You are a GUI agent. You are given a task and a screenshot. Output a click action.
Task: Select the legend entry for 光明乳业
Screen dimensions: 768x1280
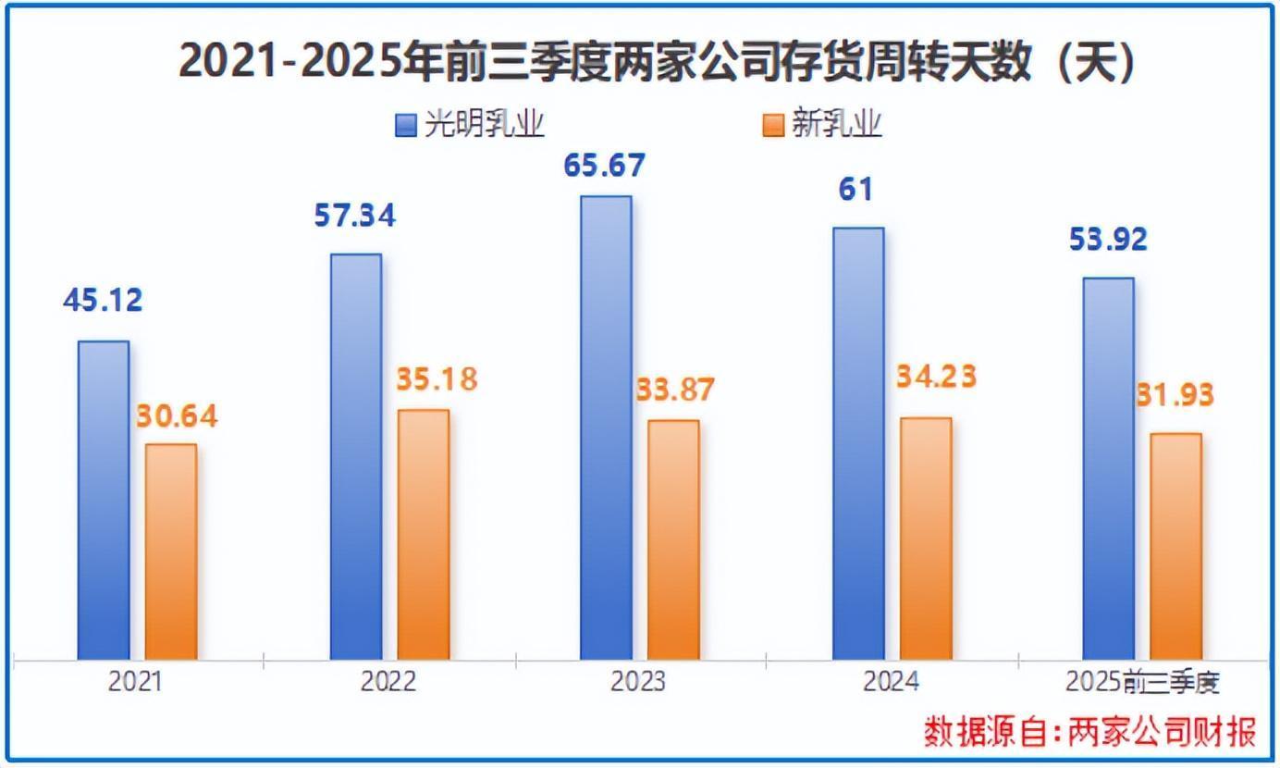point(470,124)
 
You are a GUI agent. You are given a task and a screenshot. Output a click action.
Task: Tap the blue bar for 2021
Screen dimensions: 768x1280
point(104,500)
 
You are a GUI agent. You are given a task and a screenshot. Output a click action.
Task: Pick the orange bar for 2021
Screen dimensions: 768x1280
point(171,551)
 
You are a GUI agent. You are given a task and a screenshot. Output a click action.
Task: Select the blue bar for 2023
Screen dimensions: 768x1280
point(606,427)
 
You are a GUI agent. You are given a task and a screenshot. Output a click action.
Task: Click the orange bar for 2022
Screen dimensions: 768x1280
point(424,534)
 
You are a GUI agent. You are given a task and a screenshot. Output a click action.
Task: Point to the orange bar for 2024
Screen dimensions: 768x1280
point(925,539)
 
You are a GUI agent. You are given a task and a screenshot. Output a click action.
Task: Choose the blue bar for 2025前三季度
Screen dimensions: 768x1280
point(1108,468)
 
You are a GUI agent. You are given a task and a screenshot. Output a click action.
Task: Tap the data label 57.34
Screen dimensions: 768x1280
point(354,216)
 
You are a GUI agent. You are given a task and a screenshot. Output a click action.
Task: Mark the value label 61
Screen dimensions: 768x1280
point(855,190)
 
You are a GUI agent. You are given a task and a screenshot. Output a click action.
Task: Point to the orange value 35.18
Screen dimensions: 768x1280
point(437,379)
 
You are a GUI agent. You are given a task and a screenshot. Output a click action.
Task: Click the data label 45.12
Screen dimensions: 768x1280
point(103,301)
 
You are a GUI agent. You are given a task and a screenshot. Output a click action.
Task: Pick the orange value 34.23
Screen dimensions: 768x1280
point(936,378)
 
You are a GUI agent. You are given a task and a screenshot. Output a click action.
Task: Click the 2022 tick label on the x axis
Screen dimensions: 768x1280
point(388,682)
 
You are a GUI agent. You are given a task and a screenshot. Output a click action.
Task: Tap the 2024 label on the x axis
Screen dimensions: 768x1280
point(891,682)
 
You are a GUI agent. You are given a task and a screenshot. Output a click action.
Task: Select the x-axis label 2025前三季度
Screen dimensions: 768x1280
point(1142,682)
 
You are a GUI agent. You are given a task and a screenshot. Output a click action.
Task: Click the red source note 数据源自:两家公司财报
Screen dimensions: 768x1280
point(1090,732)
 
